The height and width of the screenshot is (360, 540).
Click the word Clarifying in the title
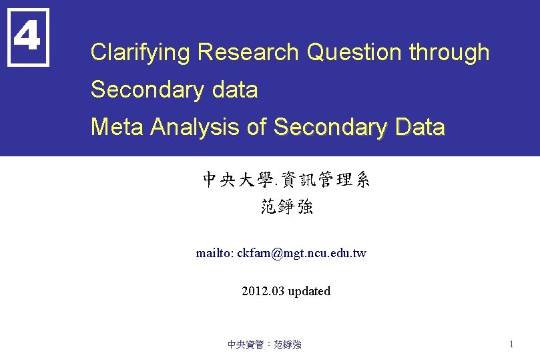141,53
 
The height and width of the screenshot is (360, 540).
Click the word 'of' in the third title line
257,127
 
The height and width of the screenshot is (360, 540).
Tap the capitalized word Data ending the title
419,127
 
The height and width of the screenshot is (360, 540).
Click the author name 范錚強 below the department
286,207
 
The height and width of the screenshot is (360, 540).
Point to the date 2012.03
262,291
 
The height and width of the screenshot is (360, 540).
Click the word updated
309,291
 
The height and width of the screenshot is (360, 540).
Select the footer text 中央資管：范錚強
264,345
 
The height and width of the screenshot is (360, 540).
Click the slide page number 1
511,345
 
